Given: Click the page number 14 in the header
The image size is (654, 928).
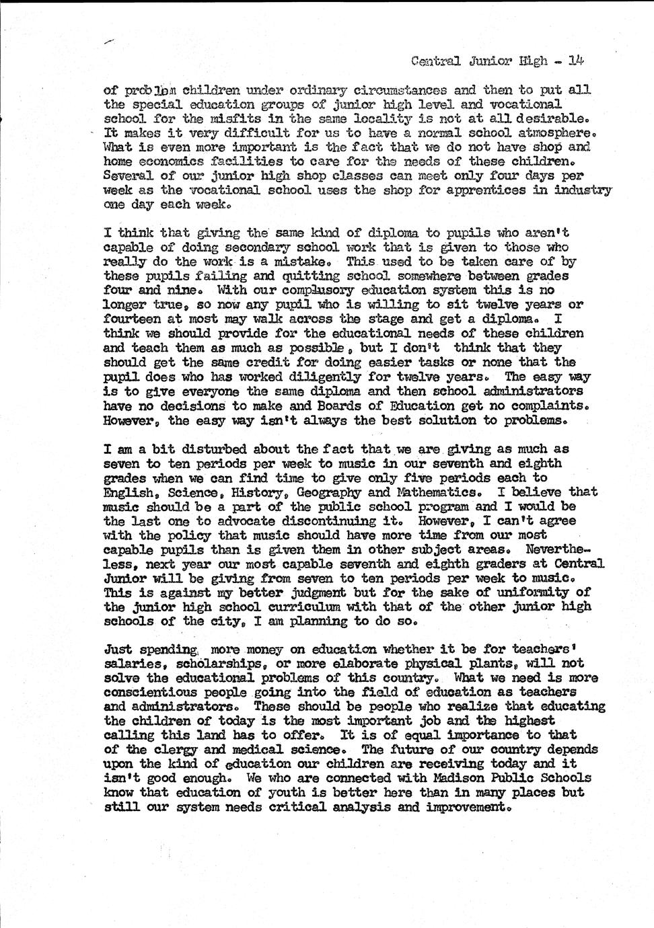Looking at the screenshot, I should click(x=576, y=61).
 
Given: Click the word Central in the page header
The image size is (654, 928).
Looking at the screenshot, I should click(x=435, y=61).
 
